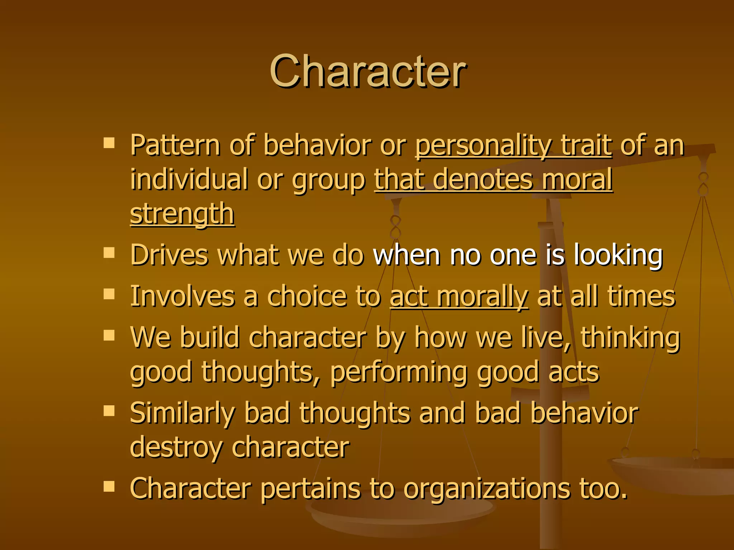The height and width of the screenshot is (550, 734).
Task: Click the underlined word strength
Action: (182, 214)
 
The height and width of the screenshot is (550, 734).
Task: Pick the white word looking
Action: (618, 255)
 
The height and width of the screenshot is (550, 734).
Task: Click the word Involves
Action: (182, 297)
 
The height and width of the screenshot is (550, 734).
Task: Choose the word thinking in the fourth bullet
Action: (630, 338)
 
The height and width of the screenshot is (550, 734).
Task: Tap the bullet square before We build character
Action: (109, 335)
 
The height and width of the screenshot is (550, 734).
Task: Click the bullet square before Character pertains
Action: (109, 486)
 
